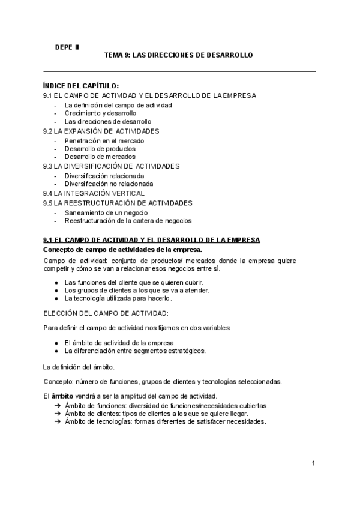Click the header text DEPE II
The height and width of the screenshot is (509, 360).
tap(66, 46)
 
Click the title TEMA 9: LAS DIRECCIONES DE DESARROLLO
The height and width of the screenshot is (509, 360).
tap(179, 55)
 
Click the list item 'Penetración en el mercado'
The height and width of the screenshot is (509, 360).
tap(104, 140)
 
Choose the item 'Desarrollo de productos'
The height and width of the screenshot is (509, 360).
tap(100, 149)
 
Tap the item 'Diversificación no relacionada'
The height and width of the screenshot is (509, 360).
tap(109, 184)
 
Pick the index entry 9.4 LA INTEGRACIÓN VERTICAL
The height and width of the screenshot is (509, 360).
tap(94, 193)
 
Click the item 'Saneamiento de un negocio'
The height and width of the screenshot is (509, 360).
tap(106, 212)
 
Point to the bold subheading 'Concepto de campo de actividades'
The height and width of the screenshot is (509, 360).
tap(123, 249)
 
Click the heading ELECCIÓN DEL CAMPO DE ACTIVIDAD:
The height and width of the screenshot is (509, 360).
tap(106, 313)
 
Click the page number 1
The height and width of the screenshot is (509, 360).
tap(313, 463)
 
